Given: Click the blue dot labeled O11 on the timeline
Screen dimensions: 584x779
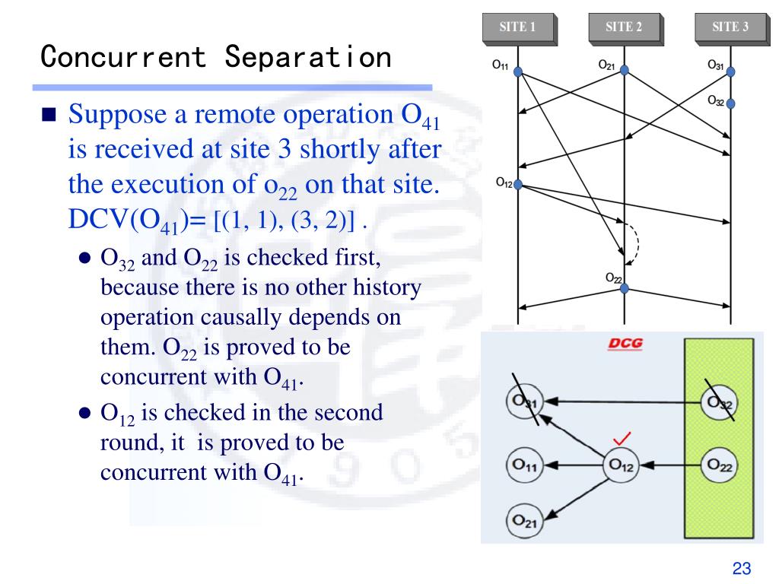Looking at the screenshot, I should tap(518, 71).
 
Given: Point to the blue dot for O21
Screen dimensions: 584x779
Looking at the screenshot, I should tap(625, 70).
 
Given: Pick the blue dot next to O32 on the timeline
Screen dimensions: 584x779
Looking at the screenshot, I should tap(731, 102).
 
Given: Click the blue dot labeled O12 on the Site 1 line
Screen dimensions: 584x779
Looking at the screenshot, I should tap(518, 184).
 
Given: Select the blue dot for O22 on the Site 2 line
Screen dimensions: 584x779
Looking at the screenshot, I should tap(625, 289).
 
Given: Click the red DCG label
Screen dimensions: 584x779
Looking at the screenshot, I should tap(625, 344).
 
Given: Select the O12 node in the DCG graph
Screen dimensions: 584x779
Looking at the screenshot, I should tap(621, 464).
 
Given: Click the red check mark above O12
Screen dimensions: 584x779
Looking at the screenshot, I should tap(623, 439).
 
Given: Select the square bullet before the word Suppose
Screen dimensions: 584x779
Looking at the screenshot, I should tap(49, 116).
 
